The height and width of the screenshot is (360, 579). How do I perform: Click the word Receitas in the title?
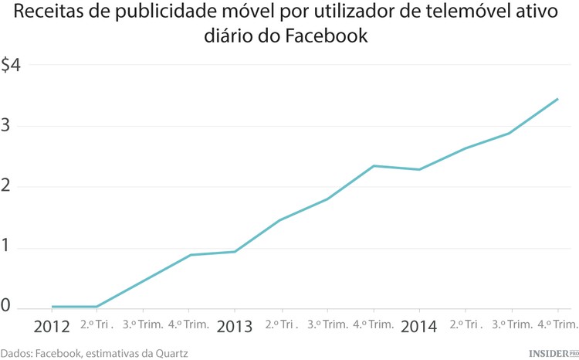click(49, 12)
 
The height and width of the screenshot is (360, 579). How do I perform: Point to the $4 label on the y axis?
click(11, 66)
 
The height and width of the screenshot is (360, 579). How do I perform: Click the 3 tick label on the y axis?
click(5, 126)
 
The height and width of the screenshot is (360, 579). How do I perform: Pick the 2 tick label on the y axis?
click(5, 187)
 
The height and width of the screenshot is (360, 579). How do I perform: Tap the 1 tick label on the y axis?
click(5, 247)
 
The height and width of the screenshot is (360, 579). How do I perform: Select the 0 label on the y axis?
click(5, 307)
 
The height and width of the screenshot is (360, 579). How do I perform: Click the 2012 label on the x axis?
click(52, 327)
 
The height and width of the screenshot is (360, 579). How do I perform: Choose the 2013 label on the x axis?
click(235, 327)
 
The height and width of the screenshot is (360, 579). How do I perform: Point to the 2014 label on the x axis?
click(419, 327)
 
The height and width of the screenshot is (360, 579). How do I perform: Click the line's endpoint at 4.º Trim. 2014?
click(558, 99)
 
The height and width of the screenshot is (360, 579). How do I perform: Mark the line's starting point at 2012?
click(52, 307)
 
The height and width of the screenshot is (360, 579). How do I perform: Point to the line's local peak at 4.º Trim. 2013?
click(374, 166)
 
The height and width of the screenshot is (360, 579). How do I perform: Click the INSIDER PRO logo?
click(553, 352)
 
